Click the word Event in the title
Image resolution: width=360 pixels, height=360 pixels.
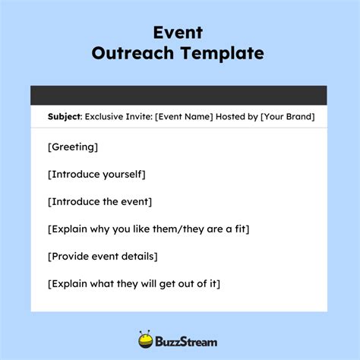179,32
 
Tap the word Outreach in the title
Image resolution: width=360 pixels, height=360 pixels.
134,53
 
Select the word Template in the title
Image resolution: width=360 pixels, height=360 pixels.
222,53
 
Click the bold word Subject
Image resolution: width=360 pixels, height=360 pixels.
64,117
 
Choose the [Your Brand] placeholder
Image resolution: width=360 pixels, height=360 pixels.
286,117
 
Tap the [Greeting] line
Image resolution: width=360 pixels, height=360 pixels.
72,147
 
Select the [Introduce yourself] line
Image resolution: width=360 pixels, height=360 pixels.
96,174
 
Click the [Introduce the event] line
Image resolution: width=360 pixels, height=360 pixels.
99,201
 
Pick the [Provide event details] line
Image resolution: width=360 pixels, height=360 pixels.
103,256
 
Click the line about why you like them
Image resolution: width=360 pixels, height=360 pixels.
148,229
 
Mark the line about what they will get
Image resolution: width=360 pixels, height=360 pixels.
134,283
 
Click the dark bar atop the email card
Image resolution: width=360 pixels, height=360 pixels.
178,95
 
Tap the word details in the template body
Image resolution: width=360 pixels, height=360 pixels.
138,256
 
